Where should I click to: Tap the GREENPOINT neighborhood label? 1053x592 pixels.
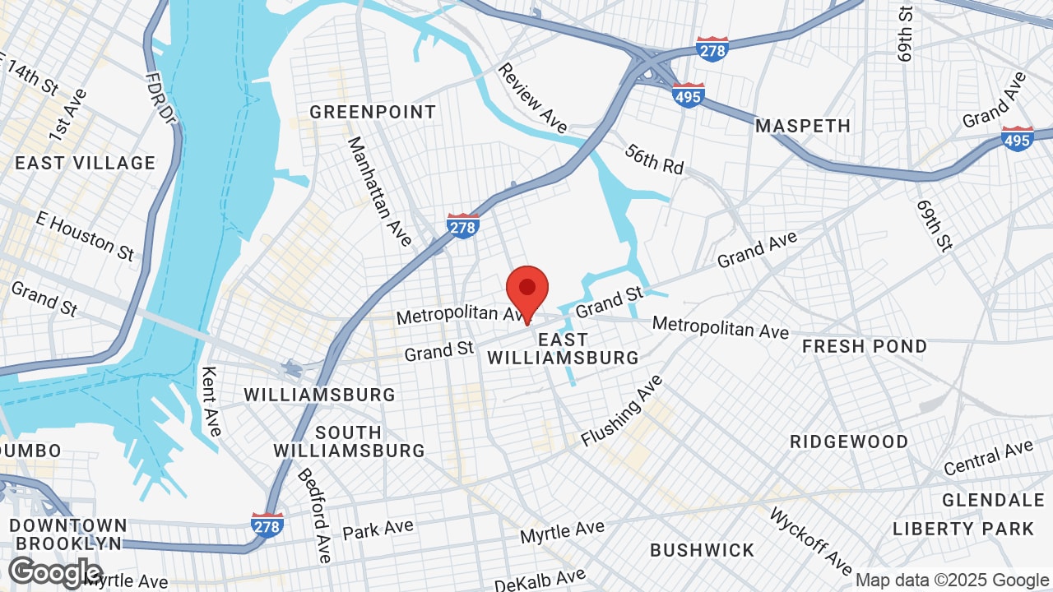click(373, 112)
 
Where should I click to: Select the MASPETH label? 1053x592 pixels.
click(803, 126)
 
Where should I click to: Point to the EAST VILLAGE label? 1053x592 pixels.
click(85, 163)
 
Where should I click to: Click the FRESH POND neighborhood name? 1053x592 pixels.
click(865, 346)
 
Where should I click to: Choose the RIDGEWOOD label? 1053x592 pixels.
click(849, 442)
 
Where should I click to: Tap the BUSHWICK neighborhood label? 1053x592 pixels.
click(702, 549)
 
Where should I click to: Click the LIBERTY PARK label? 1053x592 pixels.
click(963, 528)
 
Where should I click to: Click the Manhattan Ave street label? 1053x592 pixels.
click(379, 192)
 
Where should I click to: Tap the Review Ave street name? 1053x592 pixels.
click(532, 98)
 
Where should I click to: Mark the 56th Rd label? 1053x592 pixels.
click(655, 159)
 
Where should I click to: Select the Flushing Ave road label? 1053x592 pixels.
click(621, 410)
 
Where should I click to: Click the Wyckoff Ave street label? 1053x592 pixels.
click(810, 540)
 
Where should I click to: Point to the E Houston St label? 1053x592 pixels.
click(85, 235)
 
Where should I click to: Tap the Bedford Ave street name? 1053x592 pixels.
click(314, 516)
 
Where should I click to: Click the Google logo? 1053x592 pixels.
click(54, 573)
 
